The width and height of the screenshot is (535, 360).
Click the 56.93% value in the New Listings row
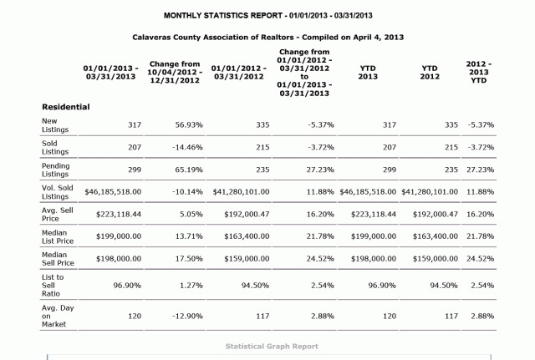point(189,125)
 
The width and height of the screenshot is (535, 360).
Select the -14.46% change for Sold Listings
point(187,147)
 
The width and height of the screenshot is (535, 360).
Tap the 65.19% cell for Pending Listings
point(189,170)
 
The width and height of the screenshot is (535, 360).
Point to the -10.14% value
point(187,192)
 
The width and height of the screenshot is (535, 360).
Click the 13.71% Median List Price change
point(189,236)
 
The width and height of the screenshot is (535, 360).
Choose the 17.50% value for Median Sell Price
point(189,259)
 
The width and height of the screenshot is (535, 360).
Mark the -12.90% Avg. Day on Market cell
point(187,317)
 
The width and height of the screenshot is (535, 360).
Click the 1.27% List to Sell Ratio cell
point(191,286)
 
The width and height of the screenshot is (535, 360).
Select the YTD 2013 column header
point(368,73)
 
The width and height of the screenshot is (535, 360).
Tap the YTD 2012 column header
point(430,73)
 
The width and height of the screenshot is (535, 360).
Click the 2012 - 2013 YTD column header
point(479,73)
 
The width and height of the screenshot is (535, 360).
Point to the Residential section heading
point(66,107)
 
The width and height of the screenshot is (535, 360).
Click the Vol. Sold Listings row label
point(58,192)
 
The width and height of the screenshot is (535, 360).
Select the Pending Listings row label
point(56,170)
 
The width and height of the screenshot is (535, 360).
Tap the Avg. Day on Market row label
point(58,316)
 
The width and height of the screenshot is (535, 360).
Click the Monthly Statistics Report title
point(267,16)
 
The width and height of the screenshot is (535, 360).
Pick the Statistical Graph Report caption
point(272,347)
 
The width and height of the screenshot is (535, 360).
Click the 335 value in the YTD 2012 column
point(451,125)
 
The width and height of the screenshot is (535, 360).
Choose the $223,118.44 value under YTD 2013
point(374,215)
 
